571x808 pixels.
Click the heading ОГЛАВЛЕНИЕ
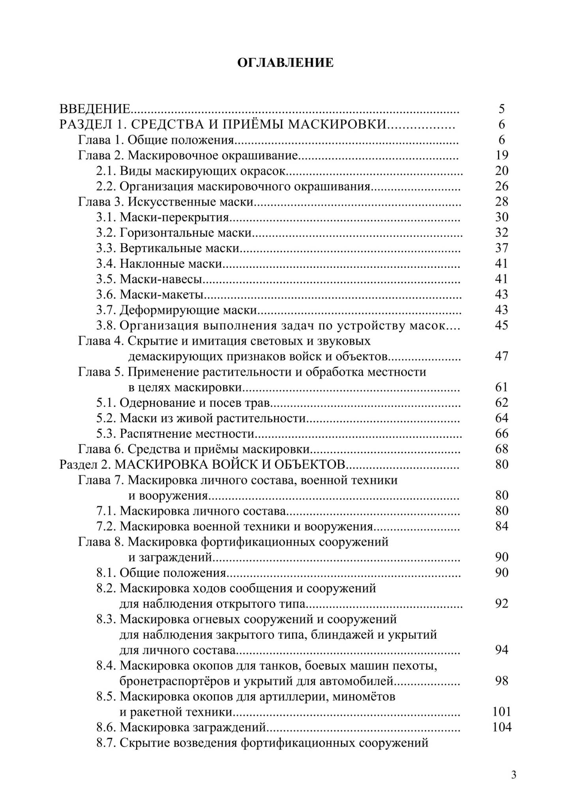[285, 63]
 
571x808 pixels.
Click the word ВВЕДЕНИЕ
[95, 108]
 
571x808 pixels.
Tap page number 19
[502, 155]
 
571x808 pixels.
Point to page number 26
[502, 186]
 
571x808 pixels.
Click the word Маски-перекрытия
[174, 217]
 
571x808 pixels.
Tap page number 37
[502, 248]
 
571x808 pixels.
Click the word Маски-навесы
[161, 279]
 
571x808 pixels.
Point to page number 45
[502, 325]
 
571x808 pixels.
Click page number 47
[502, 357]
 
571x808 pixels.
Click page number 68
[502, 449]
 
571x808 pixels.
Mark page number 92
[502, 604]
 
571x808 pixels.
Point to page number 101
[502, 712]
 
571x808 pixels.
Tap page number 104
[502, 728]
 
